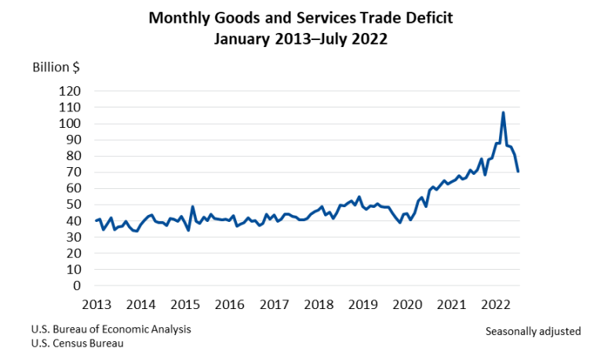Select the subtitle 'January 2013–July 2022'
pyautogui.click(x=295, y=38)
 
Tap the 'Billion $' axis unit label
pyautogui.click(x=56, y=67)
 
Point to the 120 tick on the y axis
pyautogui.click(x=70, y=91)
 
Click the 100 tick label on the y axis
pyautogui.click(x=70, y=124)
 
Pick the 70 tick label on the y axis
pyautogui.click(x=73, y=173)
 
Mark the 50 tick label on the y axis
pyautogui.click(x=73, y=205)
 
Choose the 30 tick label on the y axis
pyautogui.click(x=73, y=238)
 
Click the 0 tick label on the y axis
pyautogui.click(x=77, y=286)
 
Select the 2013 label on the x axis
pyautogui.click(x=96, y=304)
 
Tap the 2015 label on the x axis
pyautogui.click(x=184, y=304)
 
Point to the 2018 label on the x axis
pyautogui.click(x=318, y=304)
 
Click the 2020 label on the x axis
pyautogui.click(x=406, y=304)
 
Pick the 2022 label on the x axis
pyautogui.click(x=495, y=304)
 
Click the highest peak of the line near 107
pyautogui.click(x=503, y=113)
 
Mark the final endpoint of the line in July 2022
pyautogui.click(x=518, y=171)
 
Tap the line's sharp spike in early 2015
pyautogui.click(x=192, y=207)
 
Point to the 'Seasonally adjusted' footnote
pyautogui.click(x=533, y=331)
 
